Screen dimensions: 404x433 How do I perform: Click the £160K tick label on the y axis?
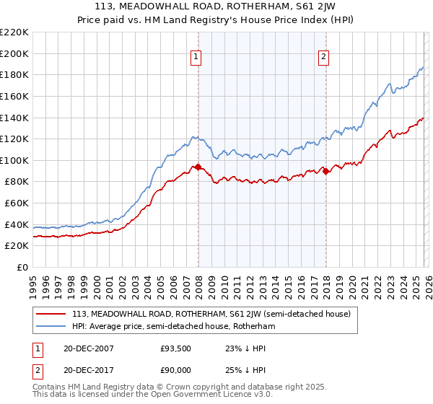[14, 96]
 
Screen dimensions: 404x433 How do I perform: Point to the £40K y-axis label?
[17, 224]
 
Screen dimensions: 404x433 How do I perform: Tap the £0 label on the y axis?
[22, 268]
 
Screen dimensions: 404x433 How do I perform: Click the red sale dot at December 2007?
[198, 167]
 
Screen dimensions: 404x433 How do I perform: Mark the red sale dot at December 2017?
[325, 171]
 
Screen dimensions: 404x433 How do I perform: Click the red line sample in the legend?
[52, 314]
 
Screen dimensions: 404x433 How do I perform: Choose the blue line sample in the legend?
[52, 326]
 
